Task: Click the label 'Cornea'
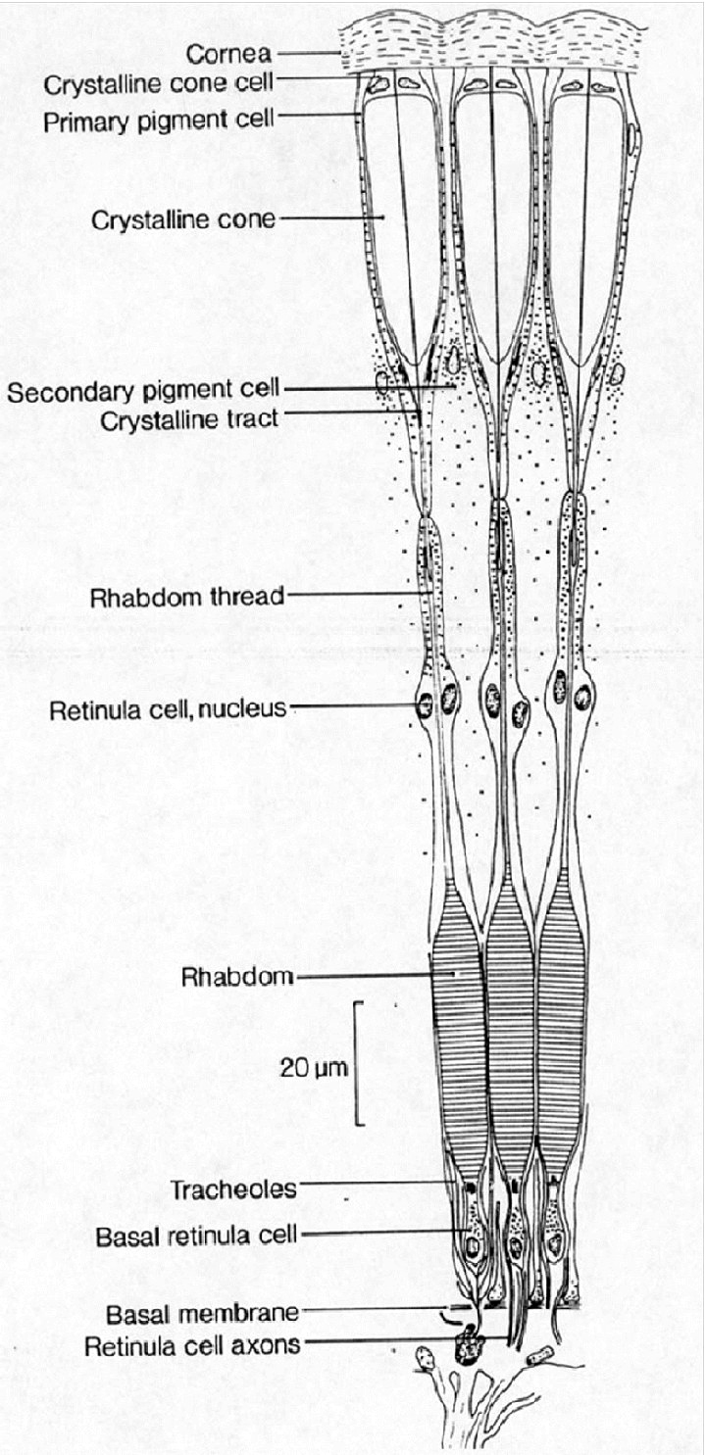pyautogui.click(x=228, y=54)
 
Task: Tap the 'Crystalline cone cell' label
pyautogui.click(x=159, y=84)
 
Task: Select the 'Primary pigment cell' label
pyautogui.click(x=159, y=121)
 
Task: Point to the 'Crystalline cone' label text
pyautogui.click(x=183, y=220)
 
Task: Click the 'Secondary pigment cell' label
pyautogui.click(x=143, y=392)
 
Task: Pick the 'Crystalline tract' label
pyautogui.click(x=189, y=420)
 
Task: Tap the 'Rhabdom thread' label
pyautogui.click(x=187, y=598)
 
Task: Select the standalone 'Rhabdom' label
pyautogui.click(x=237, y=978)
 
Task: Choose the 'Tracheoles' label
pyautogui.click(x=233, y=1190)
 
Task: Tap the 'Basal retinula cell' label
pyautogui.click(x=196, y=1237)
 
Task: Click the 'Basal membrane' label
pyautogui.click(x=202, y=1314)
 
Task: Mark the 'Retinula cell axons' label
pyautogui.click(x=192, y=1346)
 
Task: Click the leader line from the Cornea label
pyautogui.click(x=308, y=53)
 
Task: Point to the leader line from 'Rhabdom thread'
pyautogui.click(x=360, y=594)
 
